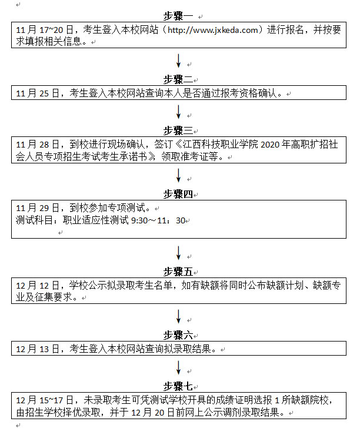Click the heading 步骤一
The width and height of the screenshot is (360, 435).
(178, 16)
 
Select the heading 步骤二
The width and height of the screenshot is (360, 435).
(178, 79)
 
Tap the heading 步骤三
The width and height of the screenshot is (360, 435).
(178, 130)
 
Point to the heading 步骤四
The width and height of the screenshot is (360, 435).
(178, 194)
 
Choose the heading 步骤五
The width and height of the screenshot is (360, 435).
(178, 272)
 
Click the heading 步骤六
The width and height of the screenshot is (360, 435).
(178, 336)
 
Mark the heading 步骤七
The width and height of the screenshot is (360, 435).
(178, 386)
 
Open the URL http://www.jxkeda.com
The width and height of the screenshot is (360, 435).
(212, 30)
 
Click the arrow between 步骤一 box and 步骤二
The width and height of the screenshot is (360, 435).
(178, 61)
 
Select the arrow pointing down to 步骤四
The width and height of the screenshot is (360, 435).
(178, 175)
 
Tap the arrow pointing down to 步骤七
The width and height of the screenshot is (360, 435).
(178, 367)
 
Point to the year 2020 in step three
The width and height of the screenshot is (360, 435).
(270, 145)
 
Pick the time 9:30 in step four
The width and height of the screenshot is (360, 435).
(139, 220)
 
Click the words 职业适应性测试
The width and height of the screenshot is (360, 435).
(96, 220)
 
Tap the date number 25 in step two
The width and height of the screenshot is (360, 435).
(44, 93)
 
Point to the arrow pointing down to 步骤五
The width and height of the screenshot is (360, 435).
(178, 253)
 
